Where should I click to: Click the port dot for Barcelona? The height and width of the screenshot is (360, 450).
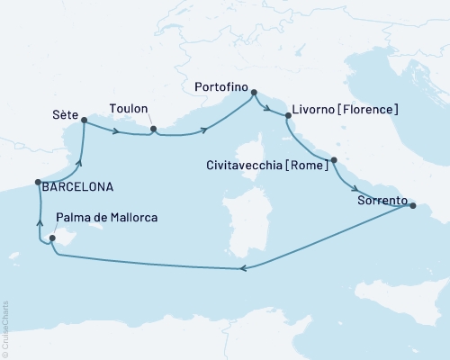pos(38,181)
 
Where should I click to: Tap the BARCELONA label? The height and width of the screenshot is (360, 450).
pos(77,187)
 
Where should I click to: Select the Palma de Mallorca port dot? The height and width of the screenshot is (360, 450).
pos(52,238)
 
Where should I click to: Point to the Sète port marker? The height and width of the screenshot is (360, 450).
pos(84,119)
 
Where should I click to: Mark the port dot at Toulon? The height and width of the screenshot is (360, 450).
pos(154,129)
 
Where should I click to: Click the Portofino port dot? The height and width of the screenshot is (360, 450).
pos(254,92)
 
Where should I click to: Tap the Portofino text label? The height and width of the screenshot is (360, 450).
pos(221,87)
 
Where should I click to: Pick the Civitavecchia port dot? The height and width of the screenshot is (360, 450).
pos(334,161)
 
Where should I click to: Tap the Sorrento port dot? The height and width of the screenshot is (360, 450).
pos(413,206)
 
